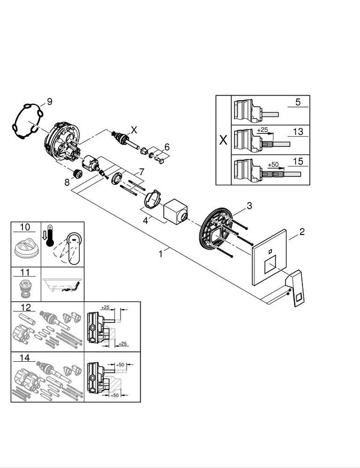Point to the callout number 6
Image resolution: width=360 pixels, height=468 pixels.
tap(167, 146)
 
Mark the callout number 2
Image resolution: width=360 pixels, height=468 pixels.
tap(302, 231)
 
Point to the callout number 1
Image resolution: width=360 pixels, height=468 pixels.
tap(160, 254)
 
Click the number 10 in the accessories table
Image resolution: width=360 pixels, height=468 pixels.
tap(25, 227)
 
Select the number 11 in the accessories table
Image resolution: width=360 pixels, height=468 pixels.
tap(25, 272)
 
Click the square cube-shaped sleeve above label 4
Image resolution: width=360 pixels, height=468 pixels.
tap(175, 210)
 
